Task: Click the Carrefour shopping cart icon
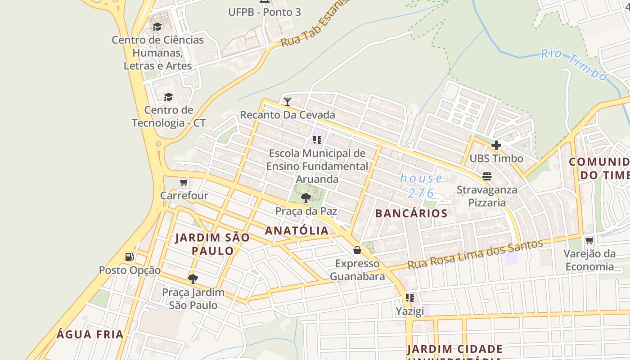click(184, 183)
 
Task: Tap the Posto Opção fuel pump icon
click(130, 257)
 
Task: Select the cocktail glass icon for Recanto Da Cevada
click(288, 101)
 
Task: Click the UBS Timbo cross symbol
click(496, 145)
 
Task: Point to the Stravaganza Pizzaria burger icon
click(487, 176)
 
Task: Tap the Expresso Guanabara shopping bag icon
click(357, 250)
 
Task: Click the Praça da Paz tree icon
click(306, 198)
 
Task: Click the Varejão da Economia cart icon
click(589, 240)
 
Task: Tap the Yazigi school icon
click(409, 298)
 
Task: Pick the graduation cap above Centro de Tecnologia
click(168, 97)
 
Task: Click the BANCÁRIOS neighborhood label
click(411, 213)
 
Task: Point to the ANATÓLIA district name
click(297, 231)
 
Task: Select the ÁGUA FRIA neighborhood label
click(90, 334)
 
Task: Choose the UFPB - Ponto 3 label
click(265, 12)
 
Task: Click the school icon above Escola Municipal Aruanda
click(317, 140)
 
